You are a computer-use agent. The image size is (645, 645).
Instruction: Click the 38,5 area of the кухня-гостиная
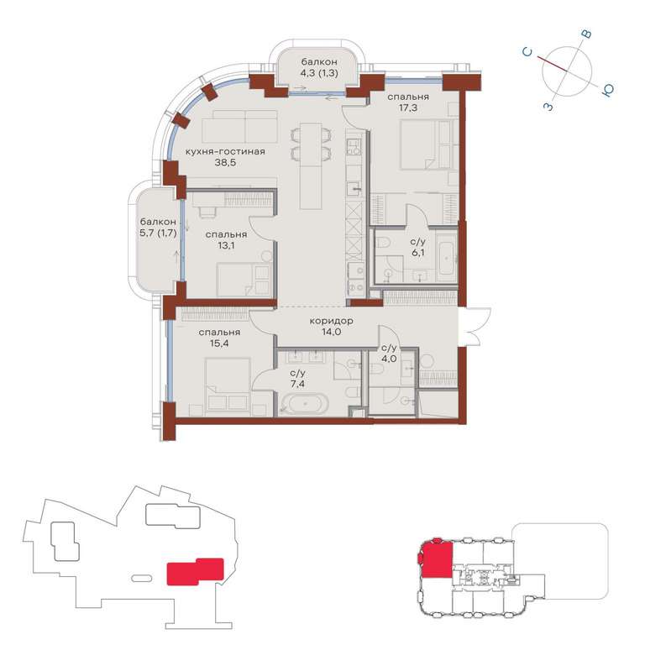pyautogui.click(x=225, y=162)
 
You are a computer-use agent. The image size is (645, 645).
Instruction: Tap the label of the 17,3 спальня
pyautogui.click(x=408, y=97)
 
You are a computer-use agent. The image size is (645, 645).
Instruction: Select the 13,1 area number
pyautogui.click(x=226, y=245)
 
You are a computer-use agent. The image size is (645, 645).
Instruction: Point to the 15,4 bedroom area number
pyautogui.click(x=219, y=343)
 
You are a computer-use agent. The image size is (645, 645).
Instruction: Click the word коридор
pyautogui.click(x=331, y=321)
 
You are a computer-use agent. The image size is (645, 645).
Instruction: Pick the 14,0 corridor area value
pyautogui.click(x=332, y=332)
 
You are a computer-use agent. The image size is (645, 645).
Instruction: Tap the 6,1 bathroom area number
pyautogui.click(x=418, y=253)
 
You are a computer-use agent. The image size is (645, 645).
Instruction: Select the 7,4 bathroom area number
pyautogui.click(x=297, y=384)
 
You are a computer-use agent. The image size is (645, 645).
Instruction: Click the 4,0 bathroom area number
pyautogui.click(x=389, y=359)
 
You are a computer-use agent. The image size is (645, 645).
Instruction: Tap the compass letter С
pyautogui.click(x=527, y=52)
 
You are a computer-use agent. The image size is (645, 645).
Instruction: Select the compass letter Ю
pyautogui.click(x=607, y=90)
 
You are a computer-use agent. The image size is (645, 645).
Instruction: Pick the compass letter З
pyautogui.click(x=548, y=107)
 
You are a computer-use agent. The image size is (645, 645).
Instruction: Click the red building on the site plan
pyautogui.click(x=195, y=571)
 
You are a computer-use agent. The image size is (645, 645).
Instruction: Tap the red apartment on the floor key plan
pyautogui.click(x=436, y=558)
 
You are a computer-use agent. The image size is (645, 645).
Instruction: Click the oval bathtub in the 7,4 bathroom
pyautogui.click(x=305, y=403)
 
